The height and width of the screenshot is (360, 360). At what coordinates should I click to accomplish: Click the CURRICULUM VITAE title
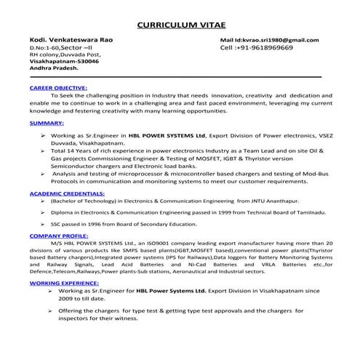tap(180, 22)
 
